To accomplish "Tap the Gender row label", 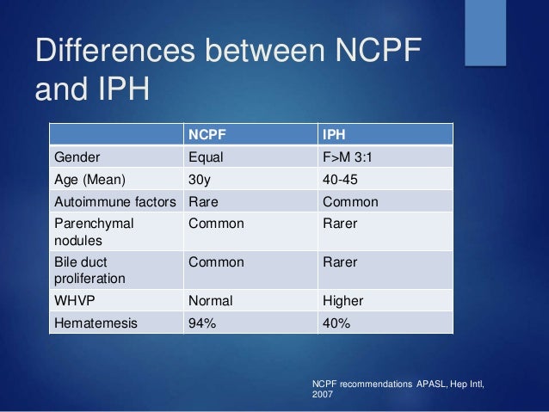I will (x=77, y=157).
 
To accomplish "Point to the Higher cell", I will (x=342, y=301).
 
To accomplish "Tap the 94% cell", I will (x=202, y=323).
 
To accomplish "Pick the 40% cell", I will (x=336, y=323).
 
